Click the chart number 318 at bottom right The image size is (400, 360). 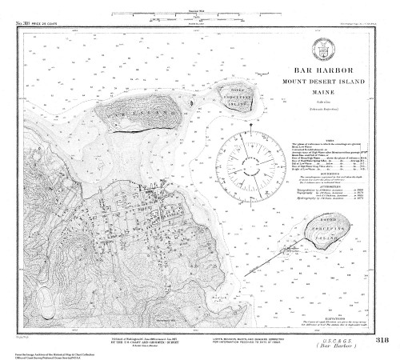(x=382, y=339)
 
